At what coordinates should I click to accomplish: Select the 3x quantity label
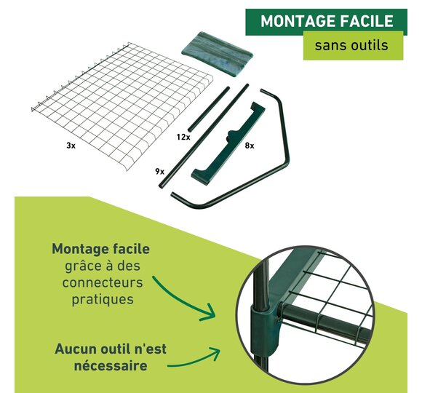[71, 146]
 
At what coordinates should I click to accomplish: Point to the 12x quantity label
[183, 137]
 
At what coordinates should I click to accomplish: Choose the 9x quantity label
[159, 171]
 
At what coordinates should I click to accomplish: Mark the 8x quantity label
[250, 146]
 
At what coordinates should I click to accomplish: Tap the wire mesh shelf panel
[122, 106]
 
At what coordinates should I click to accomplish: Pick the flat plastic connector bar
[228, 144]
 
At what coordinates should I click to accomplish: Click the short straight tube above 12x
[209, 109]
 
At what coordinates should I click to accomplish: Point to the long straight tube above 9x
[204, 136]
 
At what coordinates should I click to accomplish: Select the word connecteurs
[103, 282]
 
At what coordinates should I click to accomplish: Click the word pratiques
[103, 300]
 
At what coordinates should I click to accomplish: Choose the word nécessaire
[111, 366]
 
